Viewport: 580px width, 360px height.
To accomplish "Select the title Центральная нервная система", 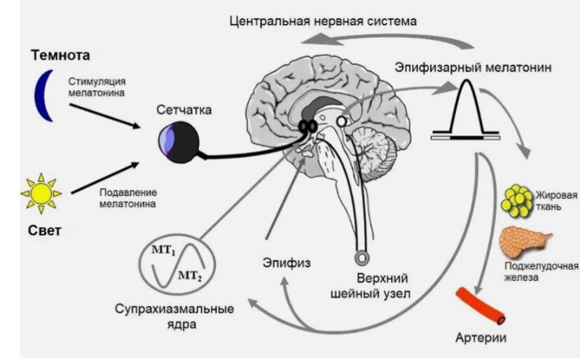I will click(324, 20).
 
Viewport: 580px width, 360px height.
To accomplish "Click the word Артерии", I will click(481, 338).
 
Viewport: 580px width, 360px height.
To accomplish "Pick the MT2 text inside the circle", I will click(190, 275).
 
